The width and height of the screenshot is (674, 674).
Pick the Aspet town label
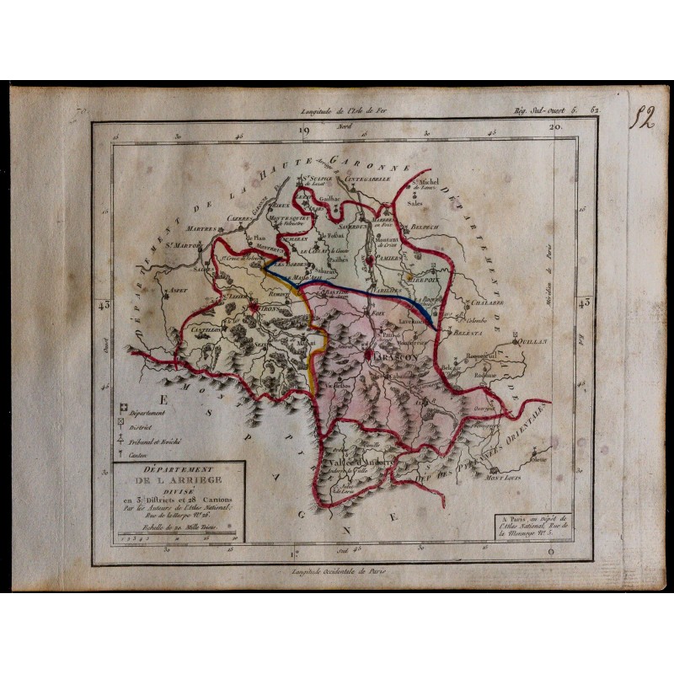(178, 289)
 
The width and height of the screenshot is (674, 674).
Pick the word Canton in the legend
(141, 455)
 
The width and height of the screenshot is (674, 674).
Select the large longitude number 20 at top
(555, 129)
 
